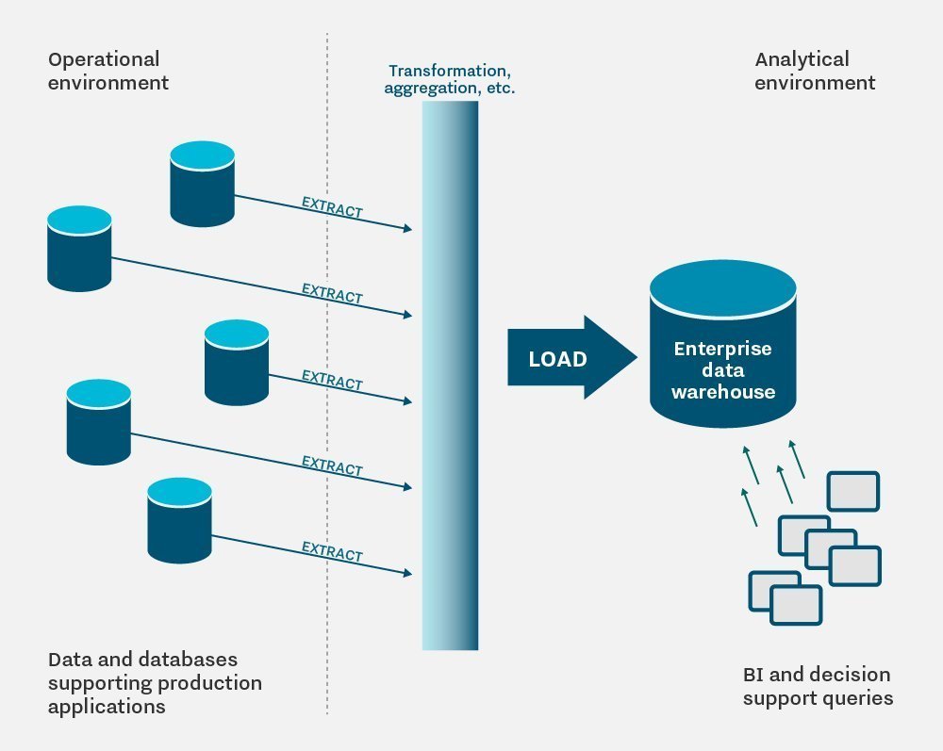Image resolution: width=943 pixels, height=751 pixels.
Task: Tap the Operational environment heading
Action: click(x=108, y=71)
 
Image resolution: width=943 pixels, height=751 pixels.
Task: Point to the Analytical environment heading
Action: click(x=815, y=71)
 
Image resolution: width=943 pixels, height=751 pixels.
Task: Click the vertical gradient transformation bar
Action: click(x=450, y=377)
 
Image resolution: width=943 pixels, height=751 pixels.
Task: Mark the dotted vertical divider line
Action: click(x=327, y=377)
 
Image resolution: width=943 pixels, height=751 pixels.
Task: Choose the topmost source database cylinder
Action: click(x=202, y=183)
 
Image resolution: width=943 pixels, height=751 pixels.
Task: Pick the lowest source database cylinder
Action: click(x=179, y=519)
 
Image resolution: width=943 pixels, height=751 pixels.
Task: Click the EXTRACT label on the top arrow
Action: click(x=332, y=207)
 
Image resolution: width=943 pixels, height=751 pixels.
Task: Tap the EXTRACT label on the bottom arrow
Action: click(x=332, y=551)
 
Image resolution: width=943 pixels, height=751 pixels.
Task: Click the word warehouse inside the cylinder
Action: click(x=723, y=391)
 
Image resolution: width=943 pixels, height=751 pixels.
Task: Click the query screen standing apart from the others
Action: click(x=852, y=491)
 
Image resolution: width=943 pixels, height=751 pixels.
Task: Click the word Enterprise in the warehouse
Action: click(x=722, y=349)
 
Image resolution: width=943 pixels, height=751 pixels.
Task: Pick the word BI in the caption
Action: click(x=753, y=675)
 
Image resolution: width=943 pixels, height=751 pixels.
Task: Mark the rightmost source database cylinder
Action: click(x=237, y=363)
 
